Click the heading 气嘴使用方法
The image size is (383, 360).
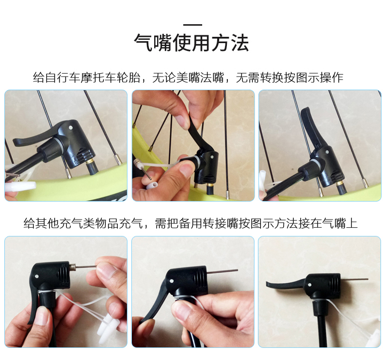(x=191, y=43)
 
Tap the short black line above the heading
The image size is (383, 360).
(x=192, y=25)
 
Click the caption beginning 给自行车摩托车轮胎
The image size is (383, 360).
(x=188, y=78)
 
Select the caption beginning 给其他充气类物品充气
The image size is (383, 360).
(x=191, y=223)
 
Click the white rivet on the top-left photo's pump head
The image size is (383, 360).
(x=71, y=127)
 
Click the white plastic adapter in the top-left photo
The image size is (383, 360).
(x=21, y=187)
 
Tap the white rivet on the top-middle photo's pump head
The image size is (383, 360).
(x=210, y=155)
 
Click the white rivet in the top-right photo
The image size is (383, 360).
(x=327, y=152)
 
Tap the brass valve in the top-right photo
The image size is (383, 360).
(x=339, y=184)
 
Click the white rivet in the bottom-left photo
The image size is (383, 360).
(x=37, y=277)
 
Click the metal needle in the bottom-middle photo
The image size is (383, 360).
(x=223, y=271)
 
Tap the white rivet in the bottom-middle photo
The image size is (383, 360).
(x=172, y=281)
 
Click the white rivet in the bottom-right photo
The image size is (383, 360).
(x=309, y=284)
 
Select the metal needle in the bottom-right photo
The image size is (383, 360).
(x=354, y=279)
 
